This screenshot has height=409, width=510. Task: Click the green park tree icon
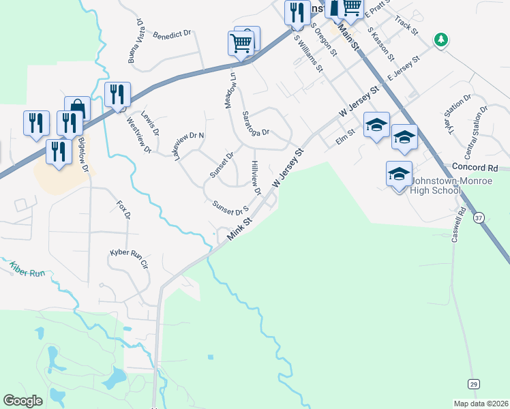tap(442, 40)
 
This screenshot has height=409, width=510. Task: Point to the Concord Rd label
tap(475, 168)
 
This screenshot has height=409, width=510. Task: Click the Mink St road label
tap(240, 228)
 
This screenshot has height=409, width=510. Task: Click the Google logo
tap(22, 400)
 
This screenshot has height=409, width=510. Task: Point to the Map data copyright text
tap(481, 404)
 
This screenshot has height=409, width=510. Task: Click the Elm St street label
tap(346, 138)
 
